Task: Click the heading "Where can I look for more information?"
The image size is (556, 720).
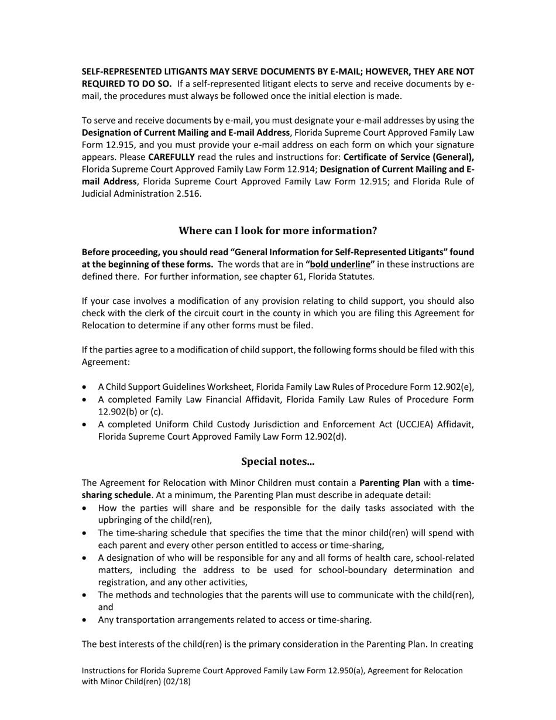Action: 277,231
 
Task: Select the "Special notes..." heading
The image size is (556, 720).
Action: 277,462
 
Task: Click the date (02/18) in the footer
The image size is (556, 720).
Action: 176,682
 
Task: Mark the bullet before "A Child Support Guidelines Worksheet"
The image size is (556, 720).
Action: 86,388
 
